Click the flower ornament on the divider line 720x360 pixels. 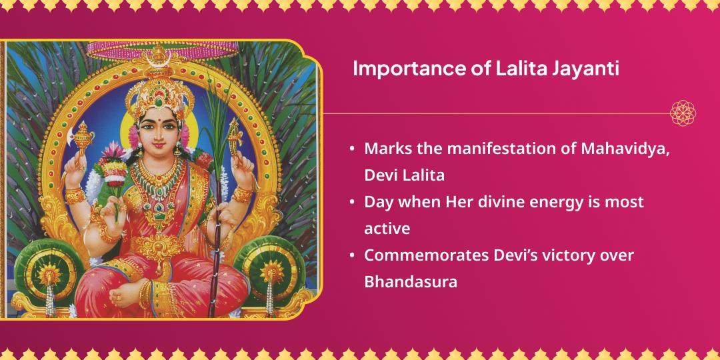[683, 113]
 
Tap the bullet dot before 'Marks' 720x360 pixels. [351, 149]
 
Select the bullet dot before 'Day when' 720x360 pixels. [351, 202]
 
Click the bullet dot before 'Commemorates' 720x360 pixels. [351, 255]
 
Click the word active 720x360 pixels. [387, 229]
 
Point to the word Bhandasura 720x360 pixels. [411, 282]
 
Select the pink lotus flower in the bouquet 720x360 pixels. [111, 167]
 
